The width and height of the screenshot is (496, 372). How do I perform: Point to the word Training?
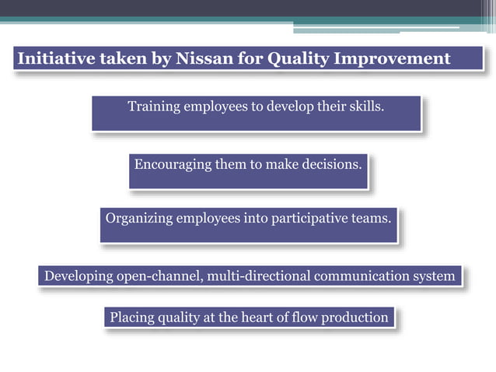pos(154,107)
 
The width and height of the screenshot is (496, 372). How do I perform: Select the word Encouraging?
pos(173,165)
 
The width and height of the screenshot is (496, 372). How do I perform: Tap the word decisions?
pos(331,165)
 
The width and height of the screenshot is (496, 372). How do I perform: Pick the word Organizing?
pos(139,219)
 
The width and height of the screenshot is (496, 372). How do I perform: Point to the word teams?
pos(372,219)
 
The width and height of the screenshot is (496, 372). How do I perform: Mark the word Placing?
pos(133,318)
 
